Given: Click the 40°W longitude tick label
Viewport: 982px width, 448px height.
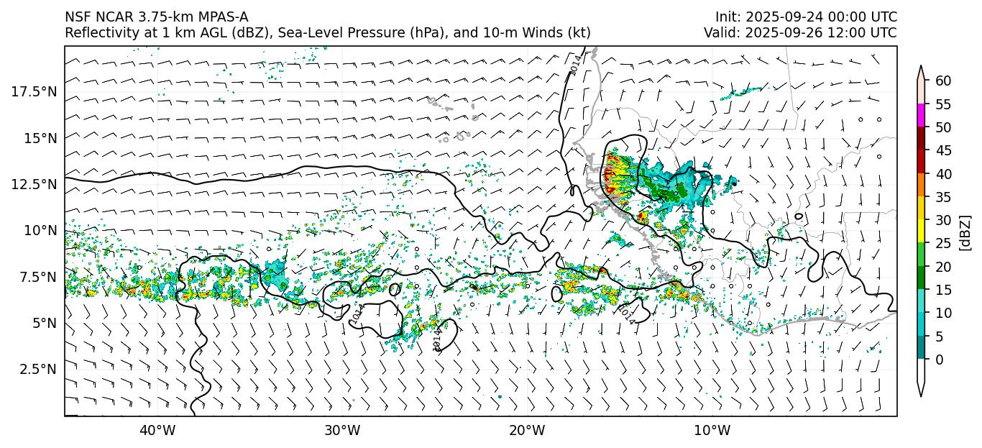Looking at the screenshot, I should pyautogui.click(x=157, y=431).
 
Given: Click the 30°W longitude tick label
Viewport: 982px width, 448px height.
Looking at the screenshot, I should pyautogui.click(x=342, y=431).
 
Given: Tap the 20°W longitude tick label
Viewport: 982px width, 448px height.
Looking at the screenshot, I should pyautogui.click(x=527, y=431).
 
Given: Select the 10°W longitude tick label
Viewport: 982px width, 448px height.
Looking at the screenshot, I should pyautogui.click(x=712, y=431).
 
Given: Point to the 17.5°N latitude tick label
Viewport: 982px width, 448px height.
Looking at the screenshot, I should pyautogui.click(x=35, y=91).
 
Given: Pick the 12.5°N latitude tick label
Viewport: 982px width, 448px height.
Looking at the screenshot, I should pyautogui.click(x=35, y=184).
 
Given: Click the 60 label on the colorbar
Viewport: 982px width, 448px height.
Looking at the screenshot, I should pyautogui.click(x=943, y=81).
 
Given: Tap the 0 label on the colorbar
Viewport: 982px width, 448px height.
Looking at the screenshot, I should pyautogui.click(x=940, y=360).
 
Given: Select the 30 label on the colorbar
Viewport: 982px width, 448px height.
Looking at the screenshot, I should pyautogui.click(x=943, y=220).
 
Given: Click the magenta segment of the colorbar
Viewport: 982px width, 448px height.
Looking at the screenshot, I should pyautogui.click(x=921, y=116).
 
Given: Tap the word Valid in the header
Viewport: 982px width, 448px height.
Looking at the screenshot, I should pyautogui.click(x=720, y=33).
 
